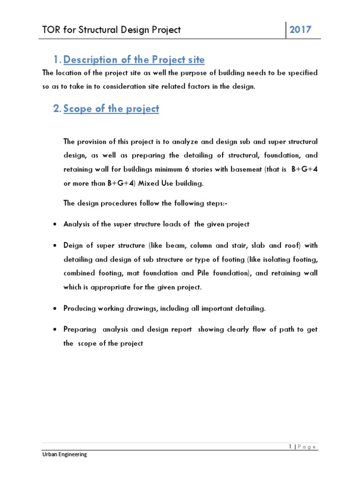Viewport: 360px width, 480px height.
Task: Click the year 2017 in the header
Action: click(x=300, y=30)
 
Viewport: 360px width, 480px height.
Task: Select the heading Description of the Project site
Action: click(x=134, y=60)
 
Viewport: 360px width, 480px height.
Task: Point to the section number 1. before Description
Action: click(x=57, y=60)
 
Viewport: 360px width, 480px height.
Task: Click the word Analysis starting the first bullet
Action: click(x=77, y=224)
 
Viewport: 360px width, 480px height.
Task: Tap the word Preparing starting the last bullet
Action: click(x=79, y=330)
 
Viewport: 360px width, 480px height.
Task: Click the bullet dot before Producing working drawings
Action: click(x=54, y=308)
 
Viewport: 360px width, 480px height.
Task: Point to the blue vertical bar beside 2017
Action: click(x=286, y=30)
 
